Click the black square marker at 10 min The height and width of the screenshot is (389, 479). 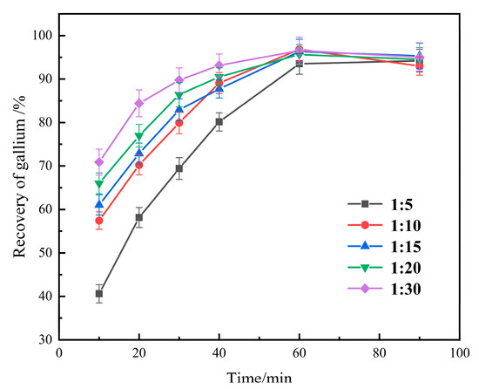99,294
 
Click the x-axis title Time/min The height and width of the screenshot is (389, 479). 258,377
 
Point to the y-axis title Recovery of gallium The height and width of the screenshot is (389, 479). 18,186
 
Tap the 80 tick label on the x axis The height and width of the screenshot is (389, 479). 379,353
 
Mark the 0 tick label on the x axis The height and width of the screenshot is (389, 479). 59,353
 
